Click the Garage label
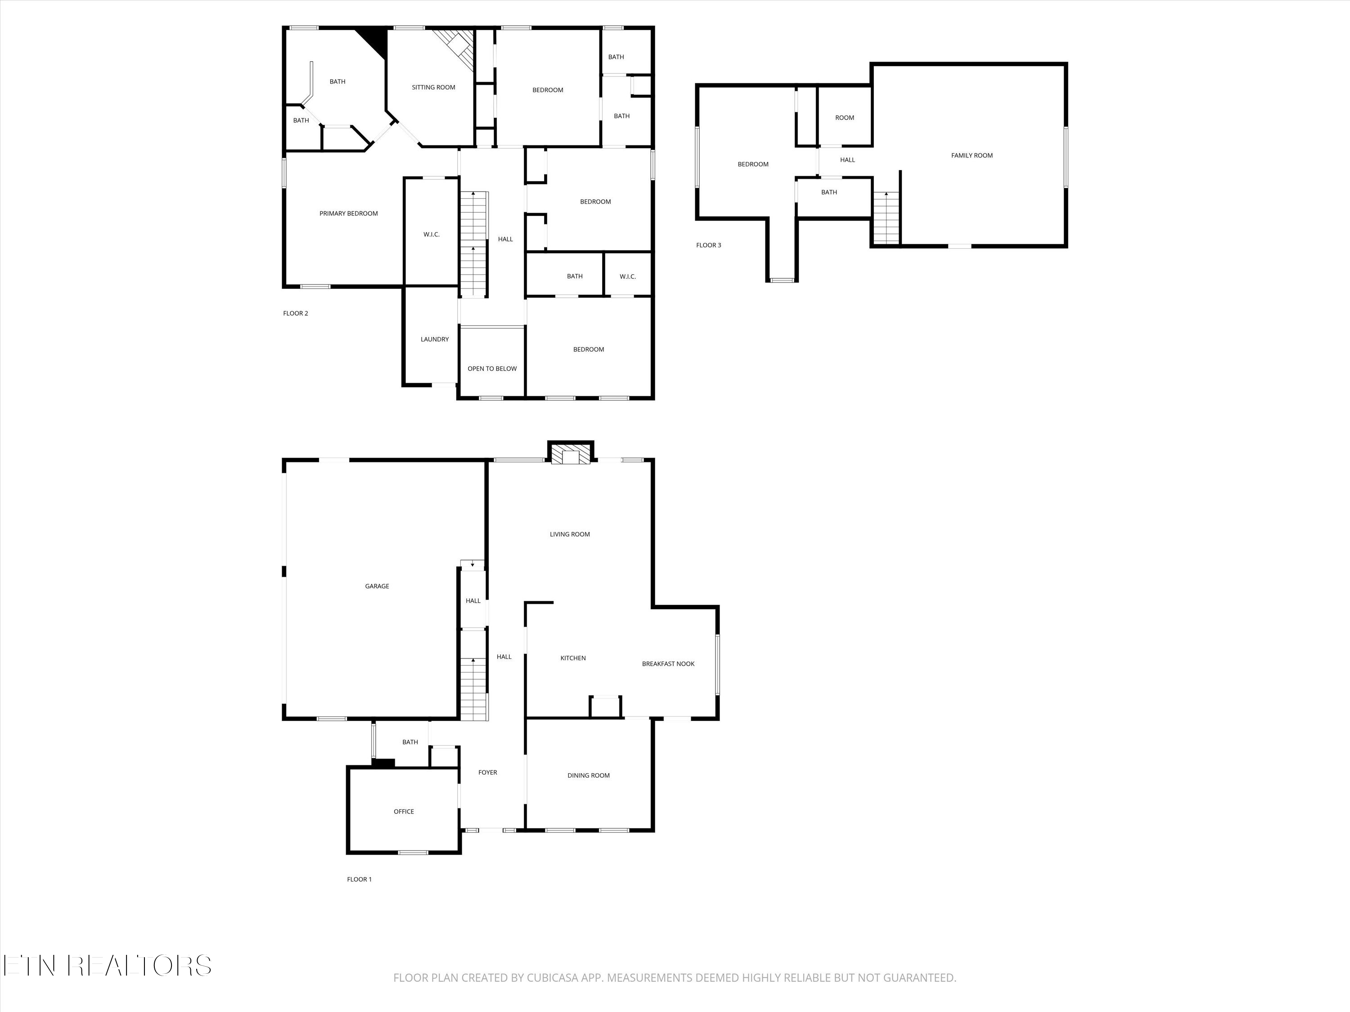click(377, 586)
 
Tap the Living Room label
click(569, 534)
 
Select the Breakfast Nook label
click(668, 664)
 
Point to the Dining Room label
click(588, 775)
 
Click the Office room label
click(403, 811)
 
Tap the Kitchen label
click(573, 658)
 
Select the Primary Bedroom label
click(348, 214)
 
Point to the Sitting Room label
click(433, 87)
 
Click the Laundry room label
click(435, 339)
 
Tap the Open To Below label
click(492, 368)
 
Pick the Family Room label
click(972, 156)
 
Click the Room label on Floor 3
click(845, 118)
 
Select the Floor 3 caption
click(709, 245)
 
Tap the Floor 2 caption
click(295, 313)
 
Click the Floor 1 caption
click(359, 879)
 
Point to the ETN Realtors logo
click(108, 966)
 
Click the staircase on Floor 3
click(886, 218)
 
